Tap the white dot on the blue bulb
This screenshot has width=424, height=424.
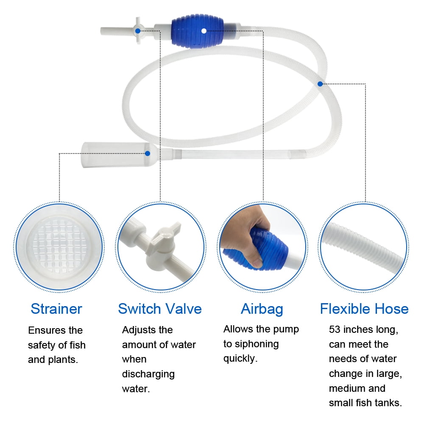(204, 31)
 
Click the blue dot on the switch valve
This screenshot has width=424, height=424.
(138, 31)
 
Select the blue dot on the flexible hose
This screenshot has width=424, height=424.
(320, 84)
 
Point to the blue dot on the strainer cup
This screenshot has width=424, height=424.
(148, 153)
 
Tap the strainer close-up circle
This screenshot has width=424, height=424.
(59, 246)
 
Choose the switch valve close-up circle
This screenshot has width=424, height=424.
(160, 246)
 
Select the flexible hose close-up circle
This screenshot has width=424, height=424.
(364, 246)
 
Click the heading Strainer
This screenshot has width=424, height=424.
(56, 309)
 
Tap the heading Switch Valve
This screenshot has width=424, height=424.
(160, 309)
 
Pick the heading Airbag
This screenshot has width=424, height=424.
(262, 309)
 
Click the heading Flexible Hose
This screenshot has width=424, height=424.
(364, 309)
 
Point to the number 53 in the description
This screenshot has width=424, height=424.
(335, 330)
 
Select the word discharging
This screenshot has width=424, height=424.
(148, 374)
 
